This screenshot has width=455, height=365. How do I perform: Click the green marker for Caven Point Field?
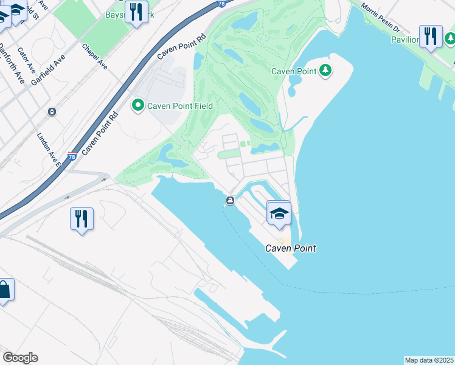click(138, 106)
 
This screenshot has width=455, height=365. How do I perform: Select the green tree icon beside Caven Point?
click(326, 71)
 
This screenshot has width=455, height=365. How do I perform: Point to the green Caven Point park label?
click(294, 71)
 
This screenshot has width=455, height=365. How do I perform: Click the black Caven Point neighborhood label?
click(291, 248)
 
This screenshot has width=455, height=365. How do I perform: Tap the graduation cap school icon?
click(279, 213)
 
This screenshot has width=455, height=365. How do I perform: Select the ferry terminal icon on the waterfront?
click(230, 201)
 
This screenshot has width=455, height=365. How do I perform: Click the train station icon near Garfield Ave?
click(52, 112)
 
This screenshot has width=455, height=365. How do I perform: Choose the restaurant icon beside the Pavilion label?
click(431, 36)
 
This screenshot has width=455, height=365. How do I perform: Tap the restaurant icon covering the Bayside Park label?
click(136, 12)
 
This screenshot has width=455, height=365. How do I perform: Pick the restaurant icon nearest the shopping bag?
click(82, 218)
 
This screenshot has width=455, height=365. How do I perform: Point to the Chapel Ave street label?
click(94, 56)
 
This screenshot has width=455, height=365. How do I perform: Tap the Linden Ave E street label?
click(50, 149)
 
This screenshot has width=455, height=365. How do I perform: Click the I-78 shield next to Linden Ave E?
click(72, 156)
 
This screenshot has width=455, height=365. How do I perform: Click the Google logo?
click(20, 358)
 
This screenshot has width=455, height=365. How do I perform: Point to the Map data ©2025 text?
click(429, 360)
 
